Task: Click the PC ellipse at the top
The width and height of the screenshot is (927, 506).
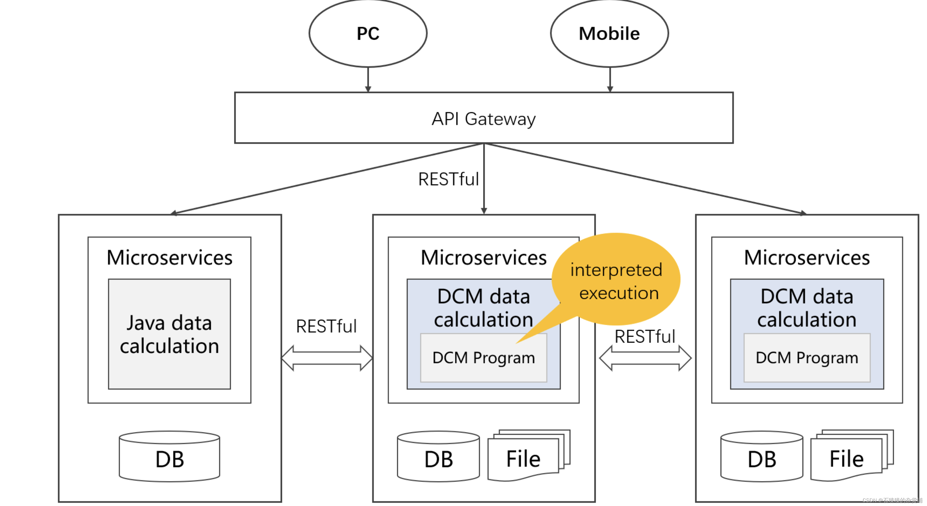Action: (368, 33)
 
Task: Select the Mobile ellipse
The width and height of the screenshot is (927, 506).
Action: (609, 33)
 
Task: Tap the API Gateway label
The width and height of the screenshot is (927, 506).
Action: (483, 119)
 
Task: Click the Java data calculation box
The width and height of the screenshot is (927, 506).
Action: (169, 334)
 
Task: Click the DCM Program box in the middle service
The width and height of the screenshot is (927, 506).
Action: (483, 358)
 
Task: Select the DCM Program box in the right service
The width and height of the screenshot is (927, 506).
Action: (807, 358)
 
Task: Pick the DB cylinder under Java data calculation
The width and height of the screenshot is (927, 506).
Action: (169, 457)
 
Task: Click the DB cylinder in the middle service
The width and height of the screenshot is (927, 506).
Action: (438, 457)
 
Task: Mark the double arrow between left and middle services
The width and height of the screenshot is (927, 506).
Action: (327, 358)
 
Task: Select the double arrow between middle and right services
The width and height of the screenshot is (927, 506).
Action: (645, 358)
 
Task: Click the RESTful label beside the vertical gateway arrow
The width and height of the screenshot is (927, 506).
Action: (448, 179)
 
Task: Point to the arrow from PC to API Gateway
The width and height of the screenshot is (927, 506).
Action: (368, 79)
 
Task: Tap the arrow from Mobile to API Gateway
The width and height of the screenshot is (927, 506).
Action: (610, 79)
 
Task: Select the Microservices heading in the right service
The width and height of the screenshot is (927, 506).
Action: (807, 258)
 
